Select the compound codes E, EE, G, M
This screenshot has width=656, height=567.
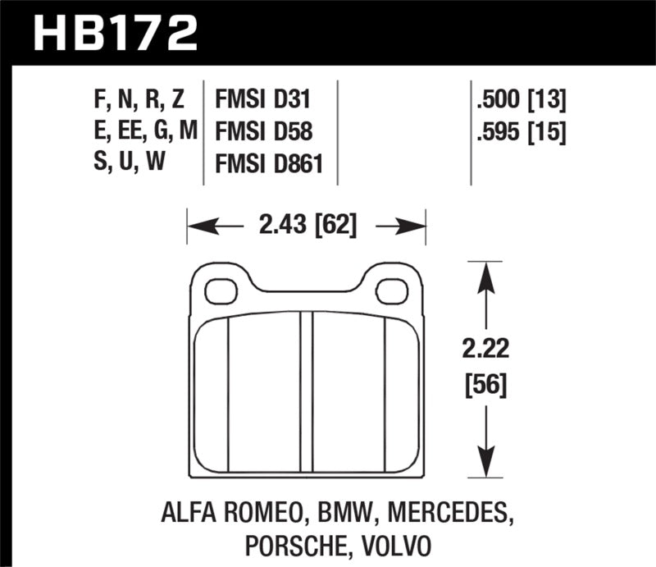141,130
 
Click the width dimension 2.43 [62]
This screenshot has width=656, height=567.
307,224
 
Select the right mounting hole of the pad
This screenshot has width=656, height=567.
393,290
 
